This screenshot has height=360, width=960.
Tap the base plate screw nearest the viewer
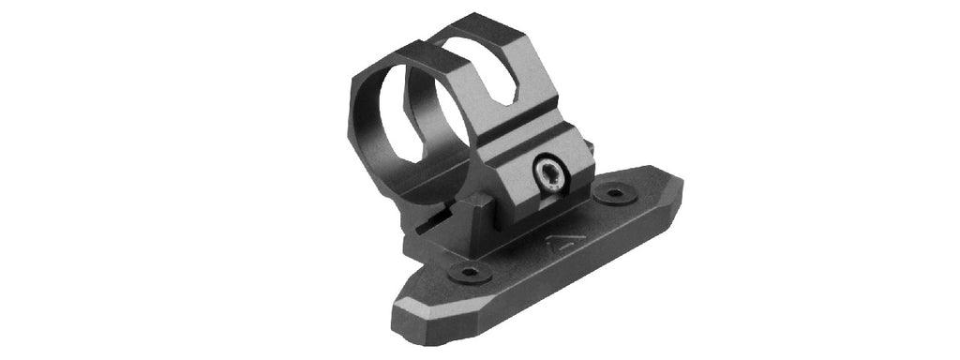pos(468,272)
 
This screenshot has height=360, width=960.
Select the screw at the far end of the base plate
pos(615,195)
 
